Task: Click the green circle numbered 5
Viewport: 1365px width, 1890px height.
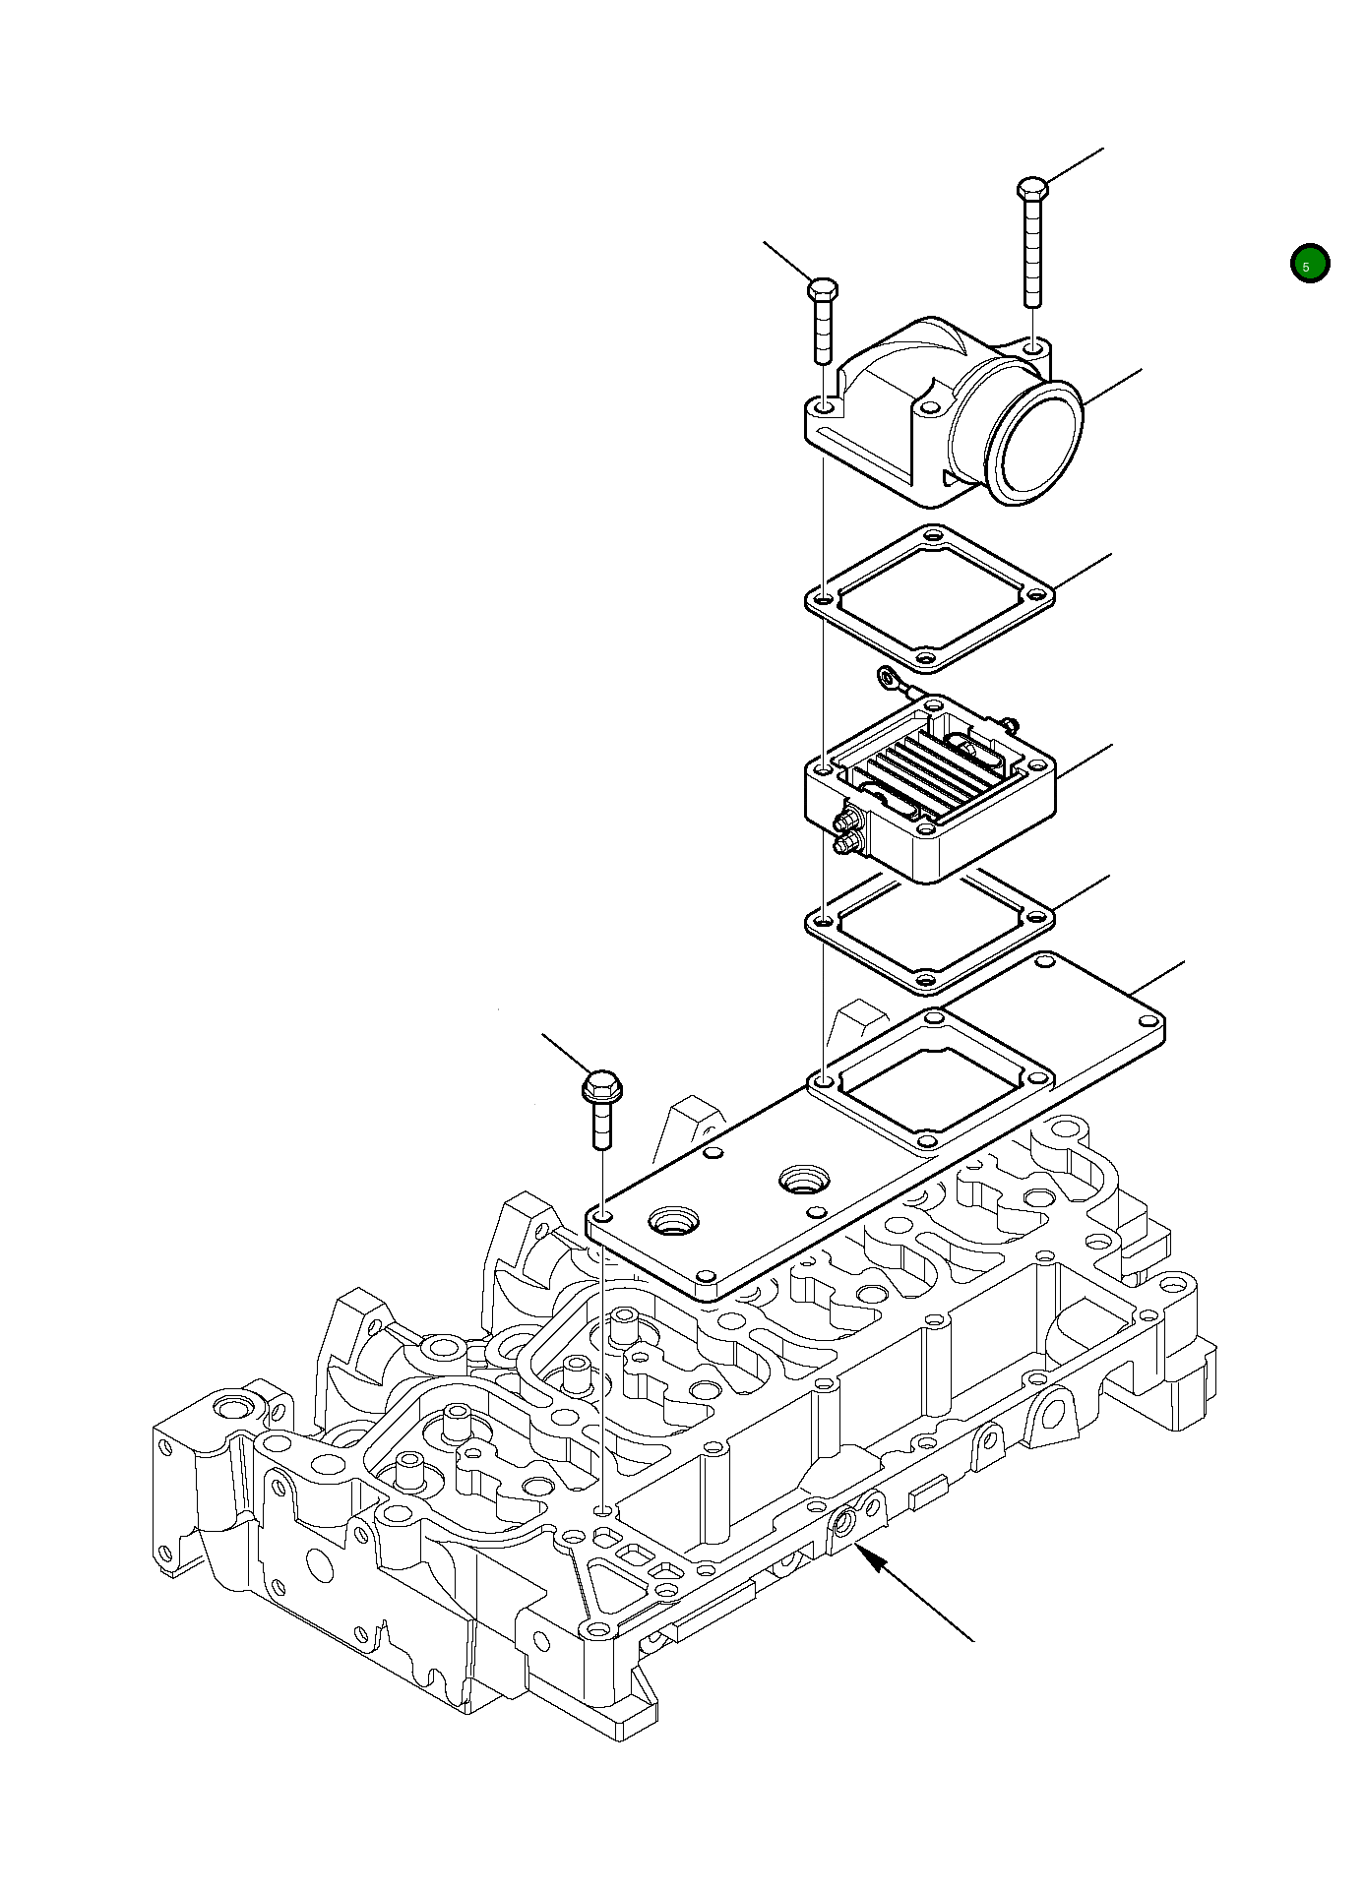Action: click(x=1309, y=264)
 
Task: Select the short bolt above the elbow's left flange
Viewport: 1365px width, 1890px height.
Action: click(x=823, y=320)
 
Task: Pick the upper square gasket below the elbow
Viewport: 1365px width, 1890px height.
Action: click(x=929, y=597)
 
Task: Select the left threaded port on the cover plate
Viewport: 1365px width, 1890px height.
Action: click(x=673, y=1223)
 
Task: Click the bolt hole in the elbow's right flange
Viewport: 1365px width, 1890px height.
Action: click(x=1031, y=347)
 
